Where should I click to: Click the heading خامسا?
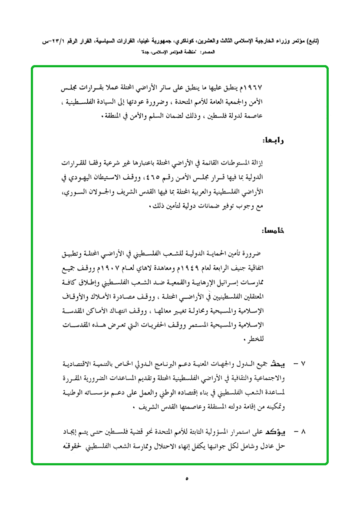273,230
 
